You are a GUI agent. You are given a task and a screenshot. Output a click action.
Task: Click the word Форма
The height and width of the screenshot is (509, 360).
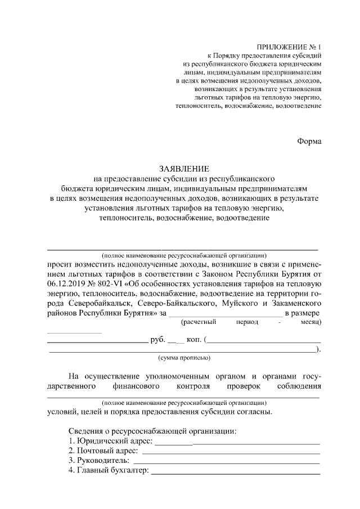pyautogui.click(x=309, y=141)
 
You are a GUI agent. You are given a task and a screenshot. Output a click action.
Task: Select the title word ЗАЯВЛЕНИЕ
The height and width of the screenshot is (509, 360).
pyautogui.click(x=183, y=168)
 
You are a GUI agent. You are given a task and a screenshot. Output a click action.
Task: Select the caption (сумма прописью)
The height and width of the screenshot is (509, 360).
pyautogui.click(x=184, y=358)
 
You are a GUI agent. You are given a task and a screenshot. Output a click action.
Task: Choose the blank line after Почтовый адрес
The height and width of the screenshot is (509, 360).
pyautogui.click(x=231, y=453)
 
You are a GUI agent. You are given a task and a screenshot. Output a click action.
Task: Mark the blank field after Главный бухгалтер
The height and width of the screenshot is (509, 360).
pyautogui.click(x=236, y=472)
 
